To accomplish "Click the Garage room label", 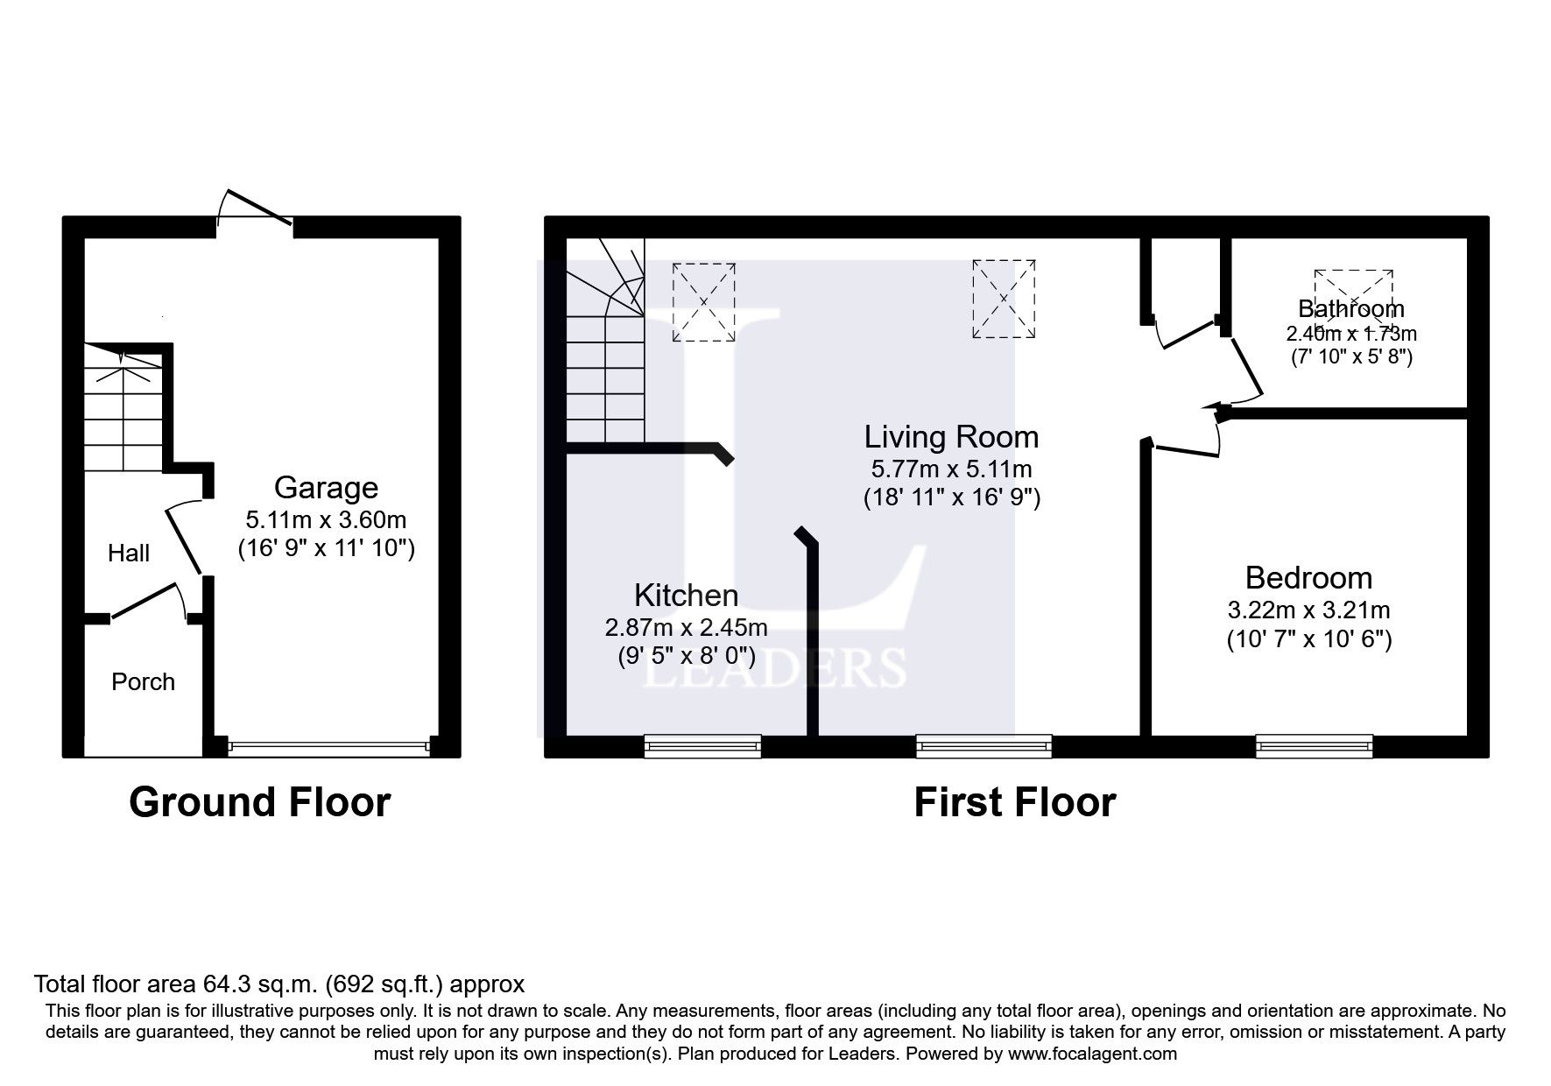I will pyautogui.click(x=326, y=488).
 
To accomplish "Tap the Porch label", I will pyautogui.click(x=143, y=682).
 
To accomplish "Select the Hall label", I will pyautogui.click(x=129, y=553).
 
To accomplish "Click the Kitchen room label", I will pyautogui.click(x=686, y=596).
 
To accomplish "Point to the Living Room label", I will pyautogui.click(x=951, y=437).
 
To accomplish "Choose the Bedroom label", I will pyautogui.click(x=1308, y=578).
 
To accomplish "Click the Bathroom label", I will pyautogui.click(x=1350, y=308).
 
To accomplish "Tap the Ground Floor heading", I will pyautogui.click(x=259, y=802).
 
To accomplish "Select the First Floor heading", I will pyautogui.click(x=1014, y=802).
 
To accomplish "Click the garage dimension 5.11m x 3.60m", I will pyautogui.click(x=326, y=519).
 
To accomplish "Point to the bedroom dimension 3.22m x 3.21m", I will pyautogui.click(x=1308, y=610).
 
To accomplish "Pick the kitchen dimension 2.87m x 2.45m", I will pyautogui.click(x=686, y=627).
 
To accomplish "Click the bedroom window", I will pyautogui.click(x=1314, y=745).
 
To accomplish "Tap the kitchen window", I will pyautogui.click(x=702, y=745).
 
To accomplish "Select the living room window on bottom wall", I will pyautogui.click(x=983, y=745).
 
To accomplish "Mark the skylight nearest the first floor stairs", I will pyautogui.click(x=703, y=302).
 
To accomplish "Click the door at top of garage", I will pyautogui.click(x=255, y=210).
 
